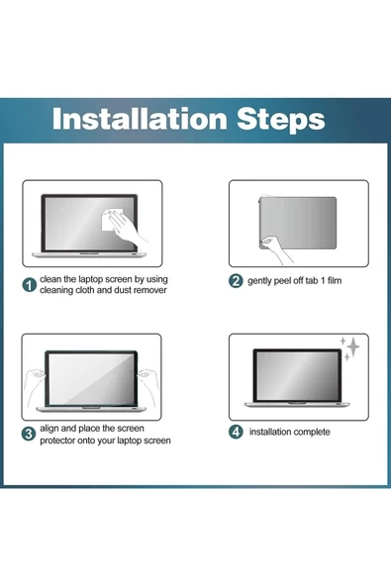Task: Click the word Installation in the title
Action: click(x=140, y=119)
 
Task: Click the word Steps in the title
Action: click(x=281, y=120)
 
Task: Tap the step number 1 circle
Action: click(x=30, y=285)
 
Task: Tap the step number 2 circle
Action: click(x=236, y=280)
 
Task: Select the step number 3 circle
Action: click(x=29, y=434)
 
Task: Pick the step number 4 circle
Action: click(x=236, y=432)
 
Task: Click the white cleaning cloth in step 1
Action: click(x=111, y=220)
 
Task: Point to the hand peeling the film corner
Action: click(x=276, y=248)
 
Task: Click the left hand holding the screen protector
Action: click(x=35, y=386)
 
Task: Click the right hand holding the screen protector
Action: click(x=148, y=386)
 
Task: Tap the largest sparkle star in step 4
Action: click(x=352, y=347)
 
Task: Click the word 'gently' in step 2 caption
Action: click(x=259, y=281)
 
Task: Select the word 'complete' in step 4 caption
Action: click(x=312, y=433)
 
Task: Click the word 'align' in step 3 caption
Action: click(x=49, y=429)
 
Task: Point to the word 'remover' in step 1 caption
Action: click(x=150, y=290)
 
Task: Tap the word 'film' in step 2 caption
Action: click(x=335, y=280)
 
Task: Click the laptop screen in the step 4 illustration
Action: click(x=297, y=375)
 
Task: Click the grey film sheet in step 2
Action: click(x=298, y=223)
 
